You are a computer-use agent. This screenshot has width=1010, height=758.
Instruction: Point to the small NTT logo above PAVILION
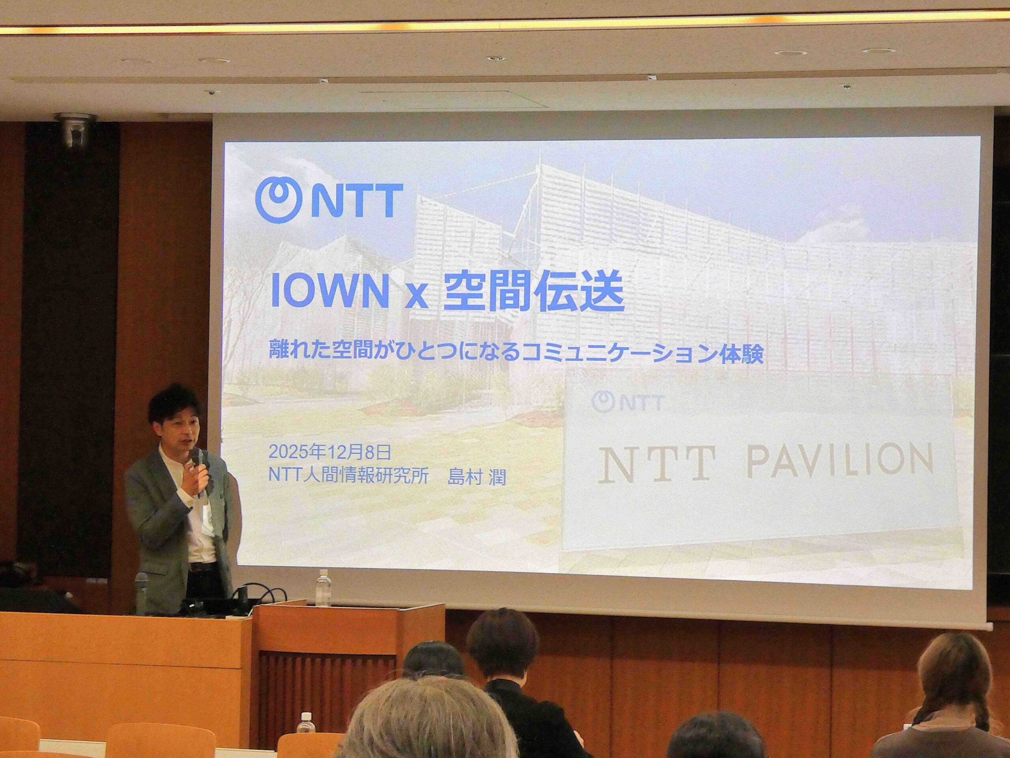pyautogui.click(x=627, y=402)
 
